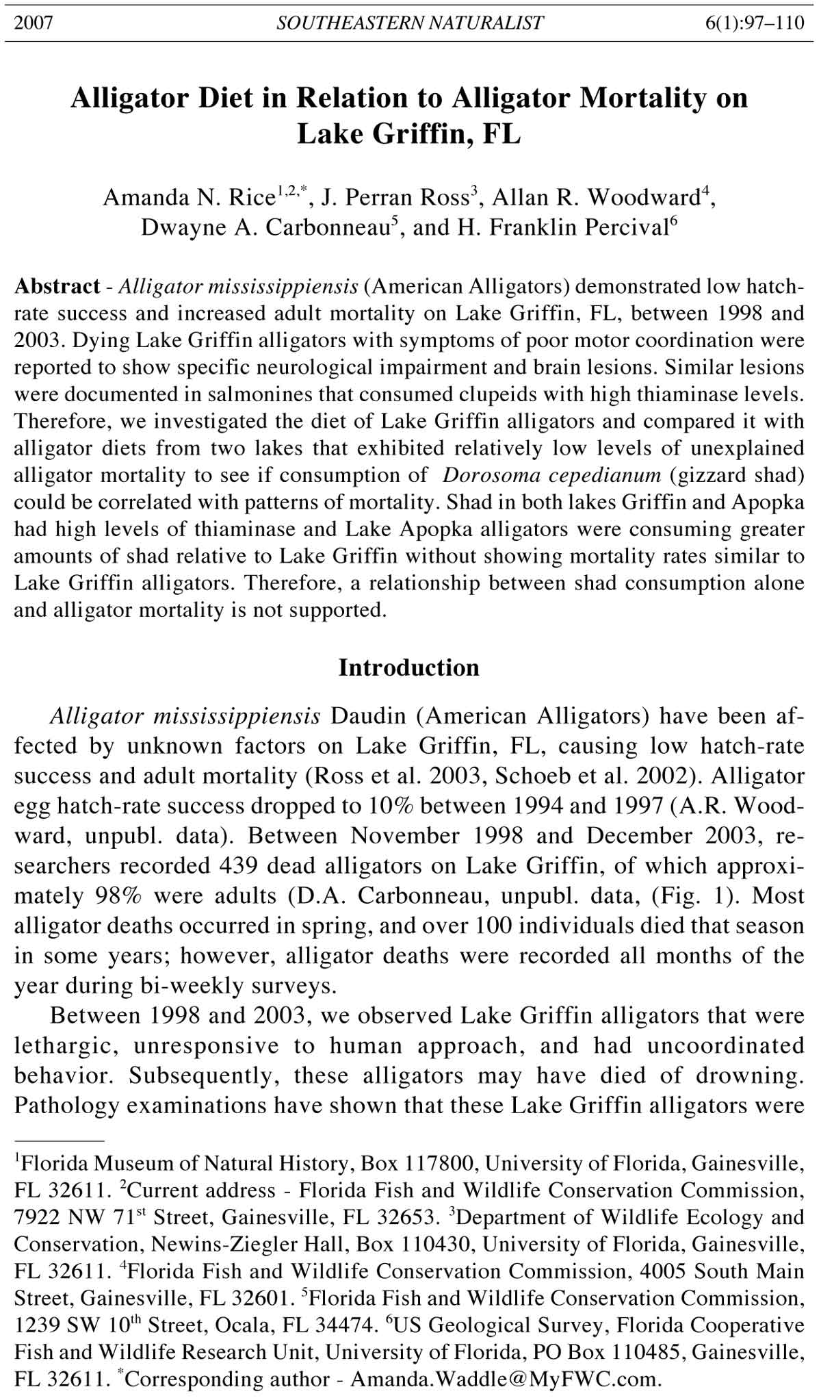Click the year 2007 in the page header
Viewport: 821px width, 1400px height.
tap(34, 23)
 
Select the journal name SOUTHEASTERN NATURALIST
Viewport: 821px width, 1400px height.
tap(410, 23)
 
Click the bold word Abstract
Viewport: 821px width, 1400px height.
tap(57, 286)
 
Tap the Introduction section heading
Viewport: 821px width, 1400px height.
tap(409, 667)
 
